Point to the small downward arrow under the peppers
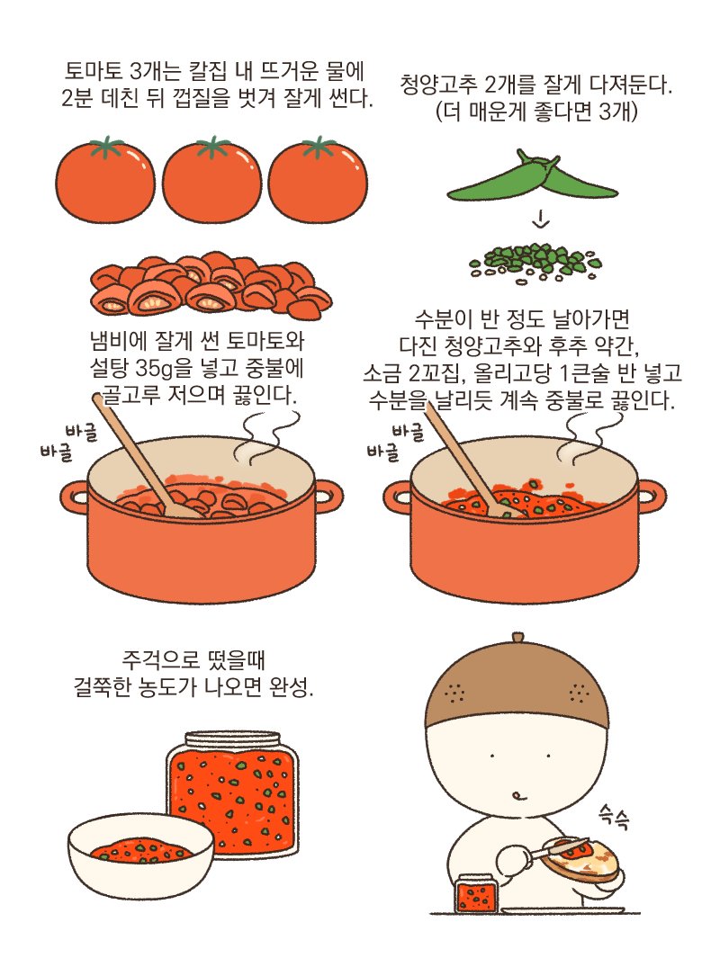coord(541,219)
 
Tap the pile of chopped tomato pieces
coord(211,285)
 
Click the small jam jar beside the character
coord(476,892)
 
